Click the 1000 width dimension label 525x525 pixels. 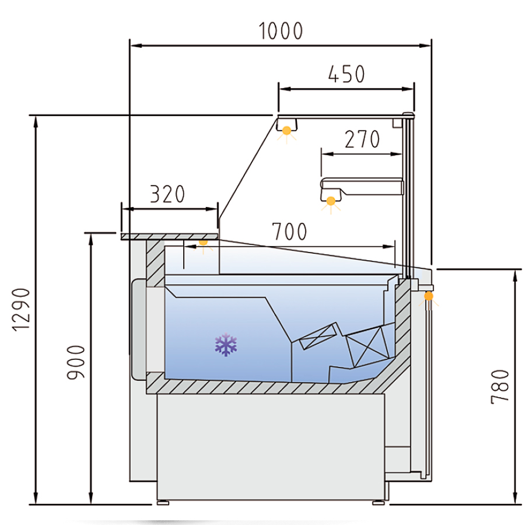click(x=281, y=31)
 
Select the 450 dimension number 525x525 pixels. click(x=346, y=74)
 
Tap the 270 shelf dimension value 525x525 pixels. click(x=362, y=139)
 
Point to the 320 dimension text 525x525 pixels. click(x=167, y=194)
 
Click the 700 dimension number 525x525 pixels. click(x=289, y=232)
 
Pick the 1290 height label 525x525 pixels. click(x=21, y=310)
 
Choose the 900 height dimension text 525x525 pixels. click(x=76, y=362)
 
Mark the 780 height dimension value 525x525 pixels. click(x=500, y=387)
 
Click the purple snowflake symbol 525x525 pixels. click(x=226, y=345)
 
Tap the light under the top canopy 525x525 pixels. click(x=286, y=133)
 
